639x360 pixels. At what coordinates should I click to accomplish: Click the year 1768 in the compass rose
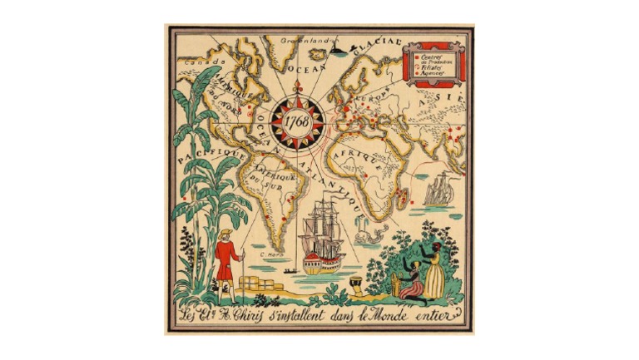click(x=296, y=121)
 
